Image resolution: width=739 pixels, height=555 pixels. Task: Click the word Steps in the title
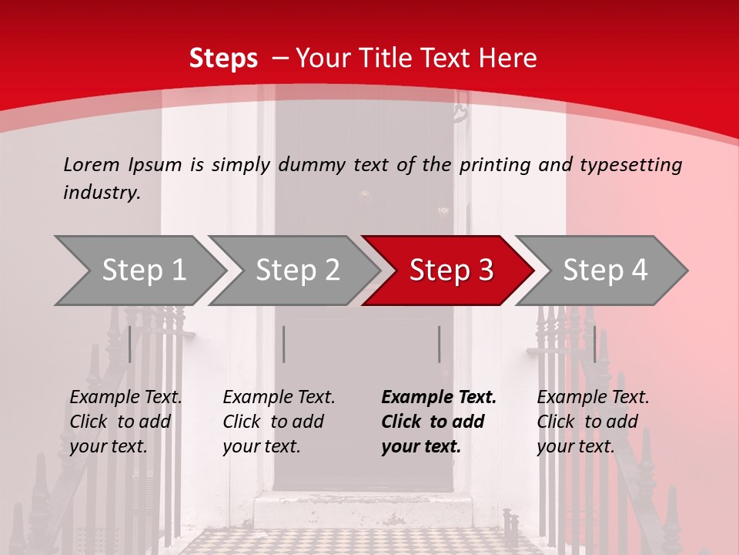pos(223,59)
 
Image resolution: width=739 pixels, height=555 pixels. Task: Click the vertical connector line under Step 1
pos(130,344)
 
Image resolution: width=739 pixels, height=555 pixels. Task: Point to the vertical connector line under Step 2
pos(284,344)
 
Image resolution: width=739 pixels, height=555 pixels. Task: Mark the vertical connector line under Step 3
pos(440,344)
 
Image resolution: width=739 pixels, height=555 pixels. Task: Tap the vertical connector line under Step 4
pos(595,344)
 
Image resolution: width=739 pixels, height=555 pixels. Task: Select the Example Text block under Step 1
pos(125,422)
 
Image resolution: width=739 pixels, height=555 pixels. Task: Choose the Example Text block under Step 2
pos(279,422)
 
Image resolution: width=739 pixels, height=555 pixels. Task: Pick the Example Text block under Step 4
pos(593,422)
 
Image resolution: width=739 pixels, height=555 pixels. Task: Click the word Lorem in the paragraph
pos(92,164)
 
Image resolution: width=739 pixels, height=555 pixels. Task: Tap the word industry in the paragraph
pos(101,192)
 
